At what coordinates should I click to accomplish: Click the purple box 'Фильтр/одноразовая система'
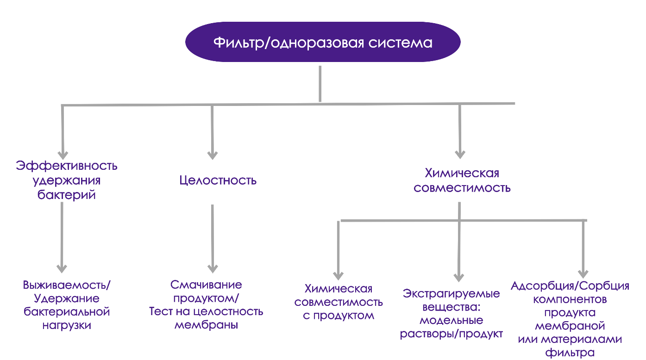point(323,42)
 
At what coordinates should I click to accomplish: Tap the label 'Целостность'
point(218,180)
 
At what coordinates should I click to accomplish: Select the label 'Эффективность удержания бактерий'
point(67,180)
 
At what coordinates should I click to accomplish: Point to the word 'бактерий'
point(67,195)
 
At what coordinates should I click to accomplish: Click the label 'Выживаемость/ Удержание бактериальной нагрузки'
point(67,304)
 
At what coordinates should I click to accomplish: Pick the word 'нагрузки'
point(67,325)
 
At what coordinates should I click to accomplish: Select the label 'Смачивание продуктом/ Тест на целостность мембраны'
point(206,304)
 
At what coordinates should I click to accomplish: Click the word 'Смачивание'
point(206,284)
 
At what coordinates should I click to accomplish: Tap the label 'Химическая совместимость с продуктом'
point(339,302)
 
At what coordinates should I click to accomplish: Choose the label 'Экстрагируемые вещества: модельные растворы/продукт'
point(452,314)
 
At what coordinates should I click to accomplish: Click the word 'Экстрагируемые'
point(452,294)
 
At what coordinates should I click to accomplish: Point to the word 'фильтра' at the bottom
point(570,354)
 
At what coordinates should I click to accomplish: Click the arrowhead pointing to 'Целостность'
point(213,155)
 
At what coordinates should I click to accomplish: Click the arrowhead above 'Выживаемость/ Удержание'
point(62,268)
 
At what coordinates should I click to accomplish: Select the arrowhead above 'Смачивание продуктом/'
point(213,268)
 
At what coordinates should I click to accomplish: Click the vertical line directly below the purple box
point(320,83)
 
